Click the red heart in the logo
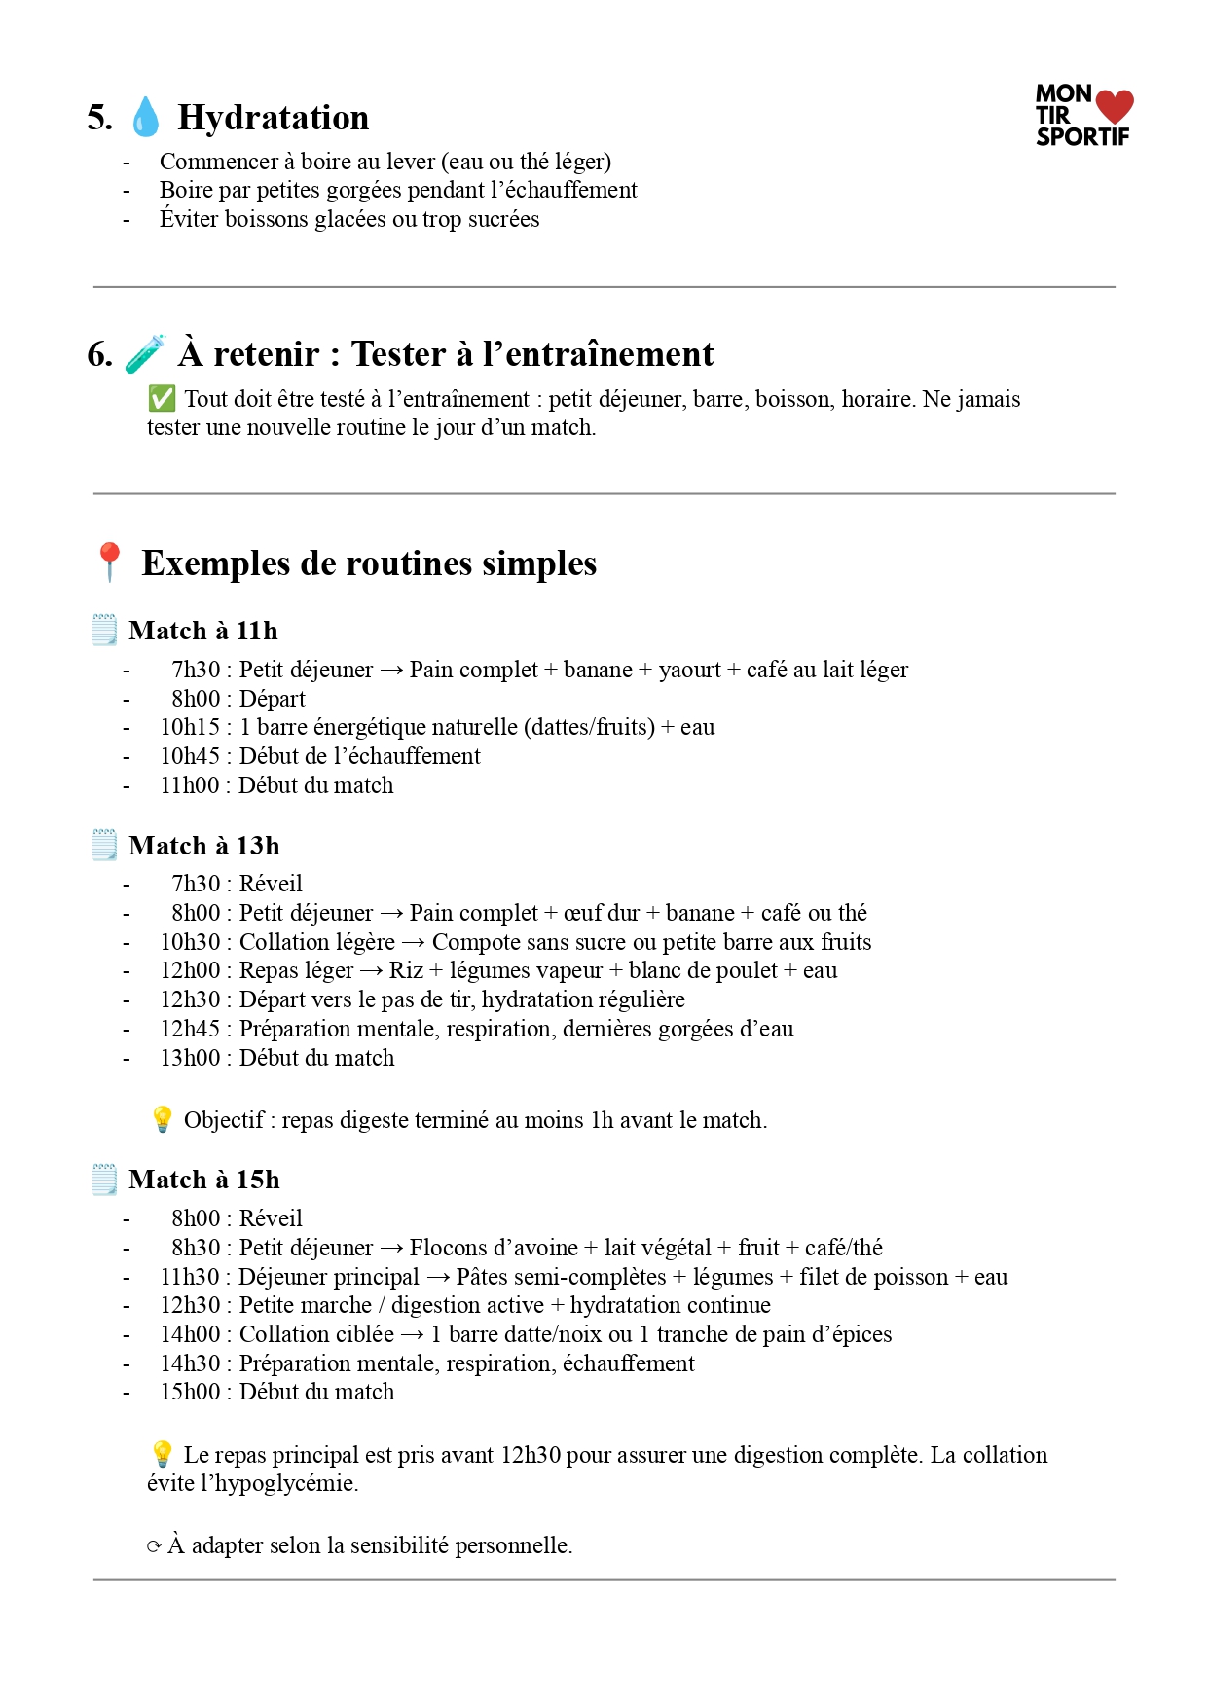pyautogui.click(x=1115, y=106)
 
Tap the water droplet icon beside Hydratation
pyautogui.click(x=145, y=117)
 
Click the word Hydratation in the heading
pyautogui.click(x=274, y=118)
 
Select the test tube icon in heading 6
pyautogui.click(x=145, y=353)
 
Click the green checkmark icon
pyautogui.click(x=162, y=399)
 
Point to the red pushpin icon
pyautogui.click(x=109, y=562)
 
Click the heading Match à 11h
pyautogui.click(x=202, y=631)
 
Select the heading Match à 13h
pyautogui.click(x=203, y=846)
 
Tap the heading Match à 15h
pyautogui.click(x=203, y=1180)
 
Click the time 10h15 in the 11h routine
pyautogui.click(x=190, y=727)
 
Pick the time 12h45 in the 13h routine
pyautogui.click(x=190, y=1029)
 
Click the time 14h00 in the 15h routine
pyautogui.click(x=190, y=1334)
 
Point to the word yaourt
pyautogui.click(x=690, y=670)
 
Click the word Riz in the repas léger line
pyautogui.click(x=406, y=970)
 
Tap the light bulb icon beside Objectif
pyautogui.click(x=162, y=1119)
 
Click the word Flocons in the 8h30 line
pyautogui.click(x=448, y=1248)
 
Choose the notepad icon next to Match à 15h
pyautogui.click(x=104, y=1179)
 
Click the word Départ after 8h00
pyautogui.click(x=273, y=699)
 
